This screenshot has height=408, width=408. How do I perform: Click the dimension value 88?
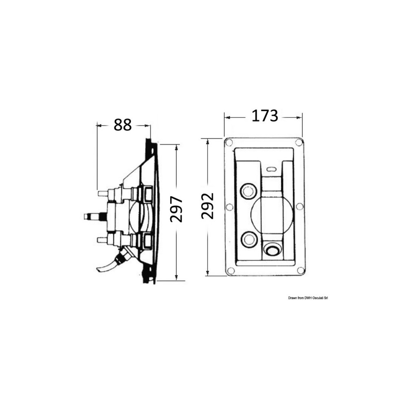[122, 125]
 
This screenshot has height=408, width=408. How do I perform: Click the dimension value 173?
[265, 116]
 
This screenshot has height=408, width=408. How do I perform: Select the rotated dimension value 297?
[176, 209]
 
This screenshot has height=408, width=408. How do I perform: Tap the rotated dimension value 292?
[208, 206]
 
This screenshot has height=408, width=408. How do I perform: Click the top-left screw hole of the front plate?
[229, 142]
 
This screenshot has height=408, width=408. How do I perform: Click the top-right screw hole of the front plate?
[299, 142]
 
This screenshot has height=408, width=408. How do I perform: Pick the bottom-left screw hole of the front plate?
[231, 271]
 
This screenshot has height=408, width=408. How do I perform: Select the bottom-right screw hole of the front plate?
[301, 271]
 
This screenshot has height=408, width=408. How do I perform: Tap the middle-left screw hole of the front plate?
[229, 207]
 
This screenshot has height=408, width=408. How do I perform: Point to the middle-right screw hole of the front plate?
[300, 206]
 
